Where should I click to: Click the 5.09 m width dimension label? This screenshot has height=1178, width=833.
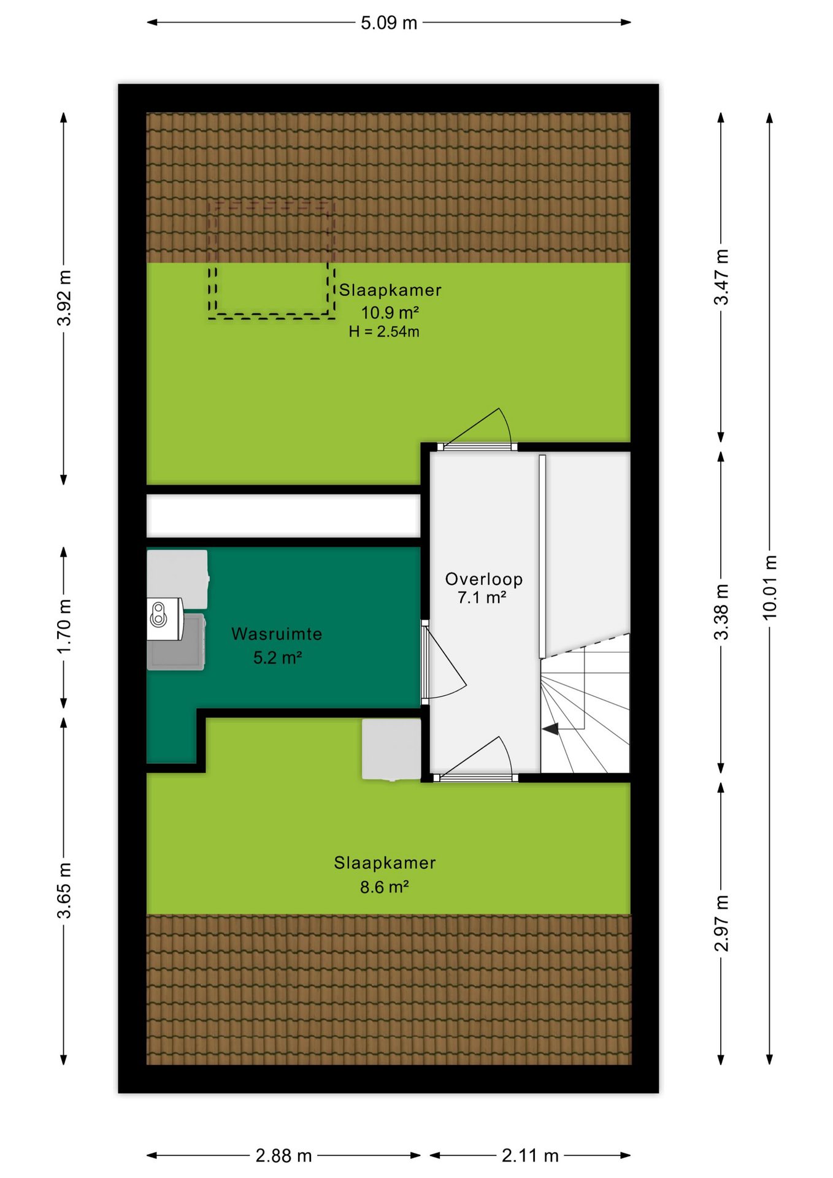click(x=388, y=23)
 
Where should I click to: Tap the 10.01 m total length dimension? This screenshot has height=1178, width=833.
click(x=770, y=587)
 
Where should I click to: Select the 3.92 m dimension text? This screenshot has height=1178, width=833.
click(x=64, y=298)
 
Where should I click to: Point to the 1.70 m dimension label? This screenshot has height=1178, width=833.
click(x=64, y=626)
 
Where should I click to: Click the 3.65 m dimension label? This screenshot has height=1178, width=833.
click(x=64, y=890)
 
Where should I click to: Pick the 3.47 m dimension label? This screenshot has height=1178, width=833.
click(x=721, y=277)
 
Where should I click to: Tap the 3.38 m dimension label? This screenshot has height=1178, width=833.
click(x=721, y=612)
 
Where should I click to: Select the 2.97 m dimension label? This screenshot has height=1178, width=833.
click(x=721, y=923)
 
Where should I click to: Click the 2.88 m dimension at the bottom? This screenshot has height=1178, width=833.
click(x=283, y=1156)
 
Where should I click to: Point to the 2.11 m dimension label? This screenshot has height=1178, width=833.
click(x=530, y=1156)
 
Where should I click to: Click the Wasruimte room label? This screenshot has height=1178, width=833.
click(x=277, y=634)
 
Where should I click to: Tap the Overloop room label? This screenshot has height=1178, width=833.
click(x=484, y=579)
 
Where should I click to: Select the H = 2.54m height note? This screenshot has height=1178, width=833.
click(x=384, y=332)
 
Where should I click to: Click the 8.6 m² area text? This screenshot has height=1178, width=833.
click(x=385, y=887)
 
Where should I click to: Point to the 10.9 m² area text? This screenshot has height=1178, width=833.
click(x=390, y=312)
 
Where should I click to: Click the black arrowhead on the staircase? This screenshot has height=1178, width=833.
click(x=550, y=729)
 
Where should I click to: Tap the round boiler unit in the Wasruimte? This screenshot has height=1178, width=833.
click(x=159, y=614)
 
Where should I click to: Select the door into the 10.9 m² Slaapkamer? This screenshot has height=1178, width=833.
click(x=477, y=446)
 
